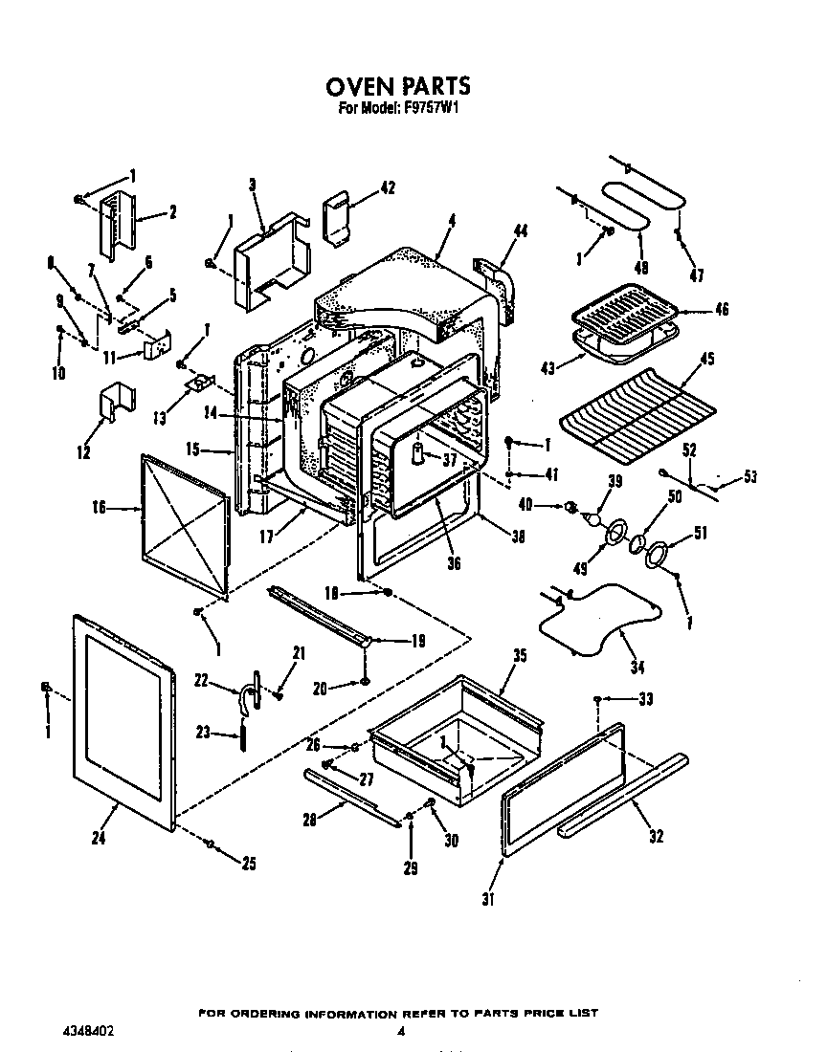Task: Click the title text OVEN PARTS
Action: pos(398,87)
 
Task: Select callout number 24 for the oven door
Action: pos(99,839)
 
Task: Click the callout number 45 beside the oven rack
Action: pos(707,361)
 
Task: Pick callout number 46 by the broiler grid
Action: pos(722,309)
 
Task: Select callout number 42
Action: pos(387,187)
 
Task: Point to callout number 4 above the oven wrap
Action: pos(452,219)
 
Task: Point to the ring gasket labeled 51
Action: pos(658,556)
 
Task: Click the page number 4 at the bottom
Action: pos(401,1032)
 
